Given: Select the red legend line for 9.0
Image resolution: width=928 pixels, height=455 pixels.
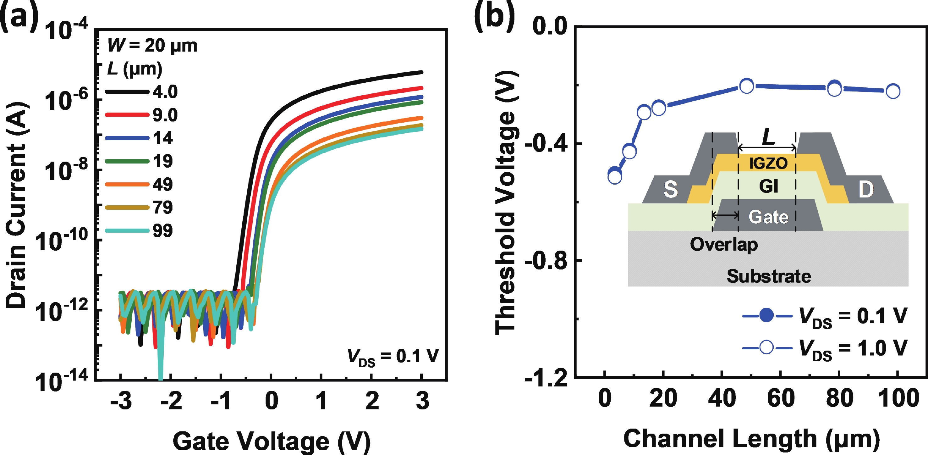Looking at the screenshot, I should [x=127, y=115].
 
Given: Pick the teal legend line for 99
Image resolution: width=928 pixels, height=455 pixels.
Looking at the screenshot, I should [x=127, y=231].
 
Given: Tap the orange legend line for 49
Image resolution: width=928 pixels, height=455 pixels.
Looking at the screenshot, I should [x=127, y=185].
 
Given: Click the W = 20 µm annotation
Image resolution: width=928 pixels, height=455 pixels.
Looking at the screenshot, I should [x=152, y=46].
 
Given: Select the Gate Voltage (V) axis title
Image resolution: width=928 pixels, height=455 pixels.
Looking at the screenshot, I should [x=271, y=441].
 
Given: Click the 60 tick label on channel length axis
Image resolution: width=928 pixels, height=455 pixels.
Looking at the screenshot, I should [x=781, y=399].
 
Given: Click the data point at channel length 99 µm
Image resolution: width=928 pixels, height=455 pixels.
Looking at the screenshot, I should [x=893, y=91].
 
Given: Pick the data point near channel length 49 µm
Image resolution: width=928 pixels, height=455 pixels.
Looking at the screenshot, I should [x=747, y=86].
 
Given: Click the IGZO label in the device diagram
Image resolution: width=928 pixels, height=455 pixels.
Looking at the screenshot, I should [x=768, y=163].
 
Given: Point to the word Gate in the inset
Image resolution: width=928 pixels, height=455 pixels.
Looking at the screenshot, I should [x=768, y=217].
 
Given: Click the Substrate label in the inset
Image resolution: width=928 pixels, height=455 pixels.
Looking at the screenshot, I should [x=769, y=276].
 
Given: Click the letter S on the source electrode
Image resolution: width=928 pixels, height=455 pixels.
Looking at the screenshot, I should [x=670, y=189].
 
